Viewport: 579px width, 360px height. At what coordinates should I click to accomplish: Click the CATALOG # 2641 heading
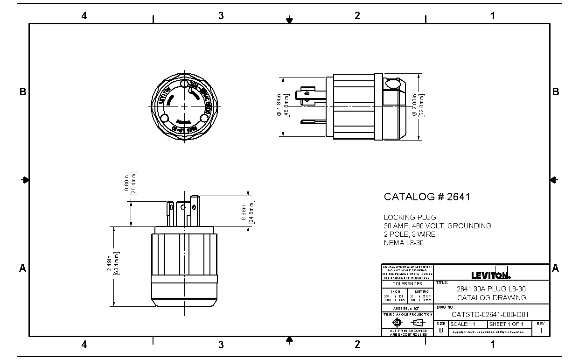(x=427, y=197)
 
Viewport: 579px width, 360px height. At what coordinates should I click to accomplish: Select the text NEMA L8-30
(x=404, y=243)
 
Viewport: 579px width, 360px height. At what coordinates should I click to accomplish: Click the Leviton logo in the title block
(x=491, y=275)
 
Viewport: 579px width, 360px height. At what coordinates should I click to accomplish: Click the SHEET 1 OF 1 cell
(x=506, y=324)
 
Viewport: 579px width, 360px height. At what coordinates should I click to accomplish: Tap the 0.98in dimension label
(x=247, y=214)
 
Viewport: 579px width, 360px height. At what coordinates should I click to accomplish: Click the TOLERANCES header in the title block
(x=407, y=284)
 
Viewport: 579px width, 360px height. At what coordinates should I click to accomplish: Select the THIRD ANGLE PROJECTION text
(x=407, y=315)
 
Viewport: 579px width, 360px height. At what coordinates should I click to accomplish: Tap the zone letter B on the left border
(x=22, y=92)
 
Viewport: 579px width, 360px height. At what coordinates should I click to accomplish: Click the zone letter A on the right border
(x=555, y=268)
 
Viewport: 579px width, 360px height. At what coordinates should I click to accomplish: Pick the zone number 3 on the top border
(x=221, y=15)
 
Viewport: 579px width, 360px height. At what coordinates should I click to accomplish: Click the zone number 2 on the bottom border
(x=357, y=345)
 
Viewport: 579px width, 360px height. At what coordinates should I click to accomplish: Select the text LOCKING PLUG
(x=410, y=218)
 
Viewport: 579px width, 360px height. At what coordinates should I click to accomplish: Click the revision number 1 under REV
(x=541, y=331)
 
